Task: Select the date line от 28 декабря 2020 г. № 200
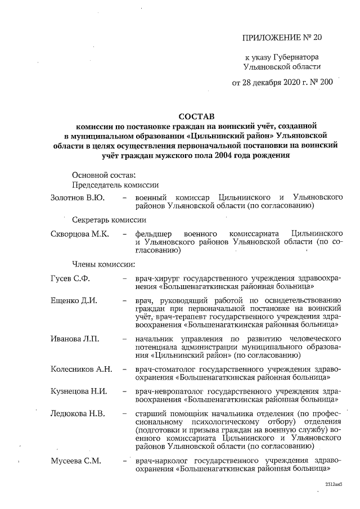pyautogui.click(x=282, y=82)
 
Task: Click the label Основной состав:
pyautogui.click(x=103, y=174)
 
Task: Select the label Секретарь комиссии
pyautogui.click(x=110, y=220)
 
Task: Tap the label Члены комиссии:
pyautogui.click(x=102, y=263)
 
